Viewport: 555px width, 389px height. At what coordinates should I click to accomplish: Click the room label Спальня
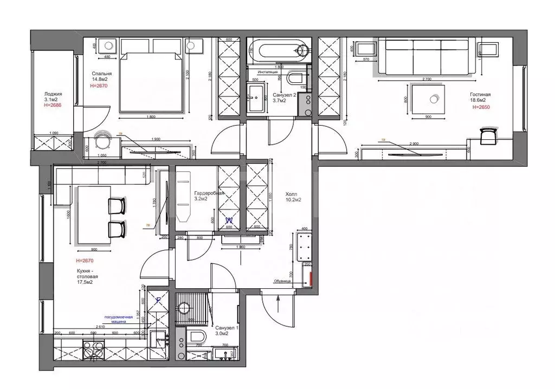pyautogui.click(x=101, y=74)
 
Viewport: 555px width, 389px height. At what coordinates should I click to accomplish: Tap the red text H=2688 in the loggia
pyautogui.click(x=53, y=105)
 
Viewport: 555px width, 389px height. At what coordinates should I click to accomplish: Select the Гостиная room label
pyautogui.click(x=481, y=94)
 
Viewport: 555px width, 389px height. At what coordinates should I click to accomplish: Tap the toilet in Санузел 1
pyautogui.click(x=196, y=336)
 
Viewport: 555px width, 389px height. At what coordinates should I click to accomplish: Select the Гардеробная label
pyautogui.click(x=209, y=193)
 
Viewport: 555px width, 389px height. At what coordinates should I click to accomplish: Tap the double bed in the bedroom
pyautogui.click(x=149, y=76)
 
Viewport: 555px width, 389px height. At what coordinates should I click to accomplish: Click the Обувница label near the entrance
pyautogui.click(x=283, y=281)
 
